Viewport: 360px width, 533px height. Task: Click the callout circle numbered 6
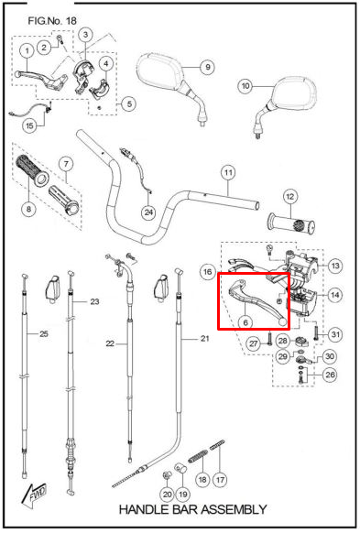[x=245, y=322]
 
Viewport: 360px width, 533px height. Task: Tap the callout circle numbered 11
[x=228, y=172]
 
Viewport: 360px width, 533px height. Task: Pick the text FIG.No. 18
[x=52, y=21]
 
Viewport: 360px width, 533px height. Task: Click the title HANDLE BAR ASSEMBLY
[x=192, y=509]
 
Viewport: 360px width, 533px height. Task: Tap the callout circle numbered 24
[x=148, y=212]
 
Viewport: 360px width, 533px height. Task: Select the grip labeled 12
[x=291, y=223]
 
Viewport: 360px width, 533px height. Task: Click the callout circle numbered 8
[x=28, y=209]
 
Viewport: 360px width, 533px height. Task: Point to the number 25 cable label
[x=44, y=333]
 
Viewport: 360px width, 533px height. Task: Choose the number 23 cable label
[x=94, y=301]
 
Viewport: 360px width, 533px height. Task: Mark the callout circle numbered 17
[x=220, y=480]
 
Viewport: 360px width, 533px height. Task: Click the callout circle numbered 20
[x=167, y=494]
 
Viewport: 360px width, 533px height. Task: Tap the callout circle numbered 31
[x=335, y=334]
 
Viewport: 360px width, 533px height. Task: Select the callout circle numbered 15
[x=30, y=125]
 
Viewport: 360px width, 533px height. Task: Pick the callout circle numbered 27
[x=253, y=343]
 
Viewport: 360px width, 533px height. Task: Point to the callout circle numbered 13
[x=335, y=266]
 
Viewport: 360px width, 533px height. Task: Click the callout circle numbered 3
[x=85, y=34]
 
